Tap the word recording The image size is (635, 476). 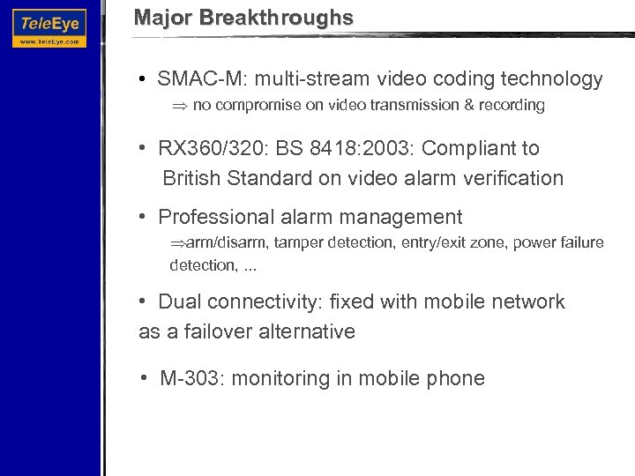click(x=511, y=106)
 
